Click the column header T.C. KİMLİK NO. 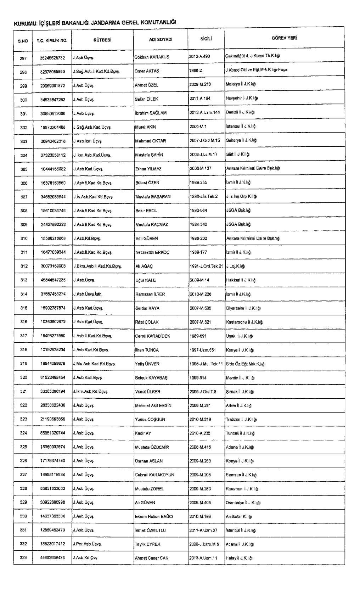(52, 40)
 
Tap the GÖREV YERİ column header (284, 38)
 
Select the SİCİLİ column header (206, 39)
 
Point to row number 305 (24, 169)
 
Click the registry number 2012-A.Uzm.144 (205, 112)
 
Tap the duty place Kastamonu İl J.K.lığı (244, 322)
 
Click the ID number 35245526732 (52, 58)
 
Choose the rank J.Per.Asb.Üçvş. (87, 544)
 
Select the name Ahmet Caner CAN (152, 558)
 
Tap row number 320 (24, 378)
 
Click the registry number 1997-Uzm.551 (203, 350)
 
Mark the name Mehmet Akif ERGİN (153, 405)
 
